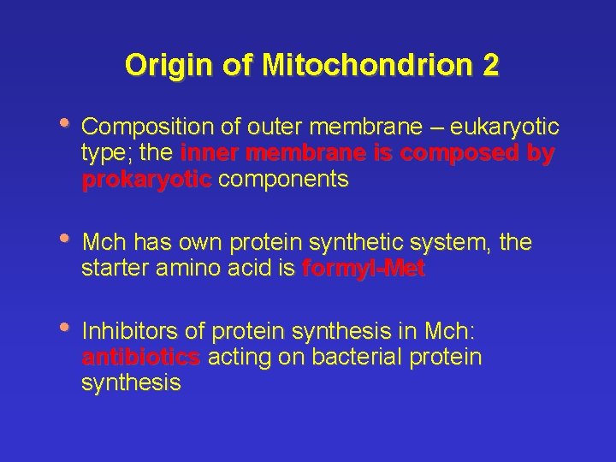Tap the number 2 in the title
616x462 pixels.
(489, 65)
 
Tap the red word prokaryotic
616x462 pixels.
(146, 181)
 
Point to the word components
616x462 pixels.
(283, 181)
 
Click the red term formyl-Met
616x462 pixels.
(364, 269)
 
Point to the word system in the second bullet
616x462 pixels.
(448, 243)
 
